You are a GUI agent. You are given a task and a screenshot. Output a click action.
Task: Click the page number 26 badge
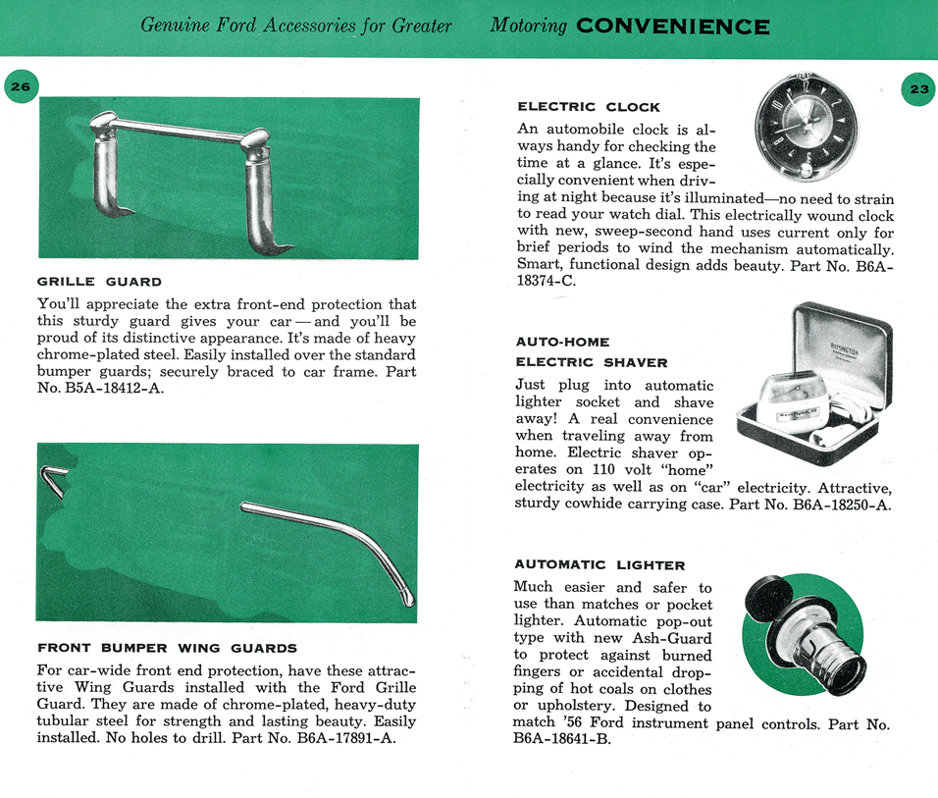pyautogui.click(x=21, y=87)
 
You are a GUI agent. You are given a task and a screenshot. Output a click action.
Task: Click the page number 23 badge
pyautogui.click(x=919, y=89)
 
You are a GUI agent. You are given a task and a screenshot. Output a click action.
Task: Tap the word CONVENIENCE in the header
pyautogui.click(x=672, y=26)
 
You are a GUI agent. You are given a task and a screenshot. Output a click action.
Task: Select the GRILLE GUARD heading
pyautogui.click(x=99, y=283)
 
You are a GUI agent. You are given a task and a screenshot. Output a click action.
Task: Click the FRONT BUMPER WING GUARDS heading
pyautogui.click(x=167, y=648)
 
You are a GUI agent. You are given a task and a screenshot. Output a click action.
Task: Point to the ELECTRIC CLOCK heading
pyautogui.click(x=588, y=107)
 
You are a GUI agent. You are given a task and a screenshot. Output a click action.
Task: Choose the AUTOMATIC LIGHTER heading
pyautogui.click(x=599, y=565)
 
